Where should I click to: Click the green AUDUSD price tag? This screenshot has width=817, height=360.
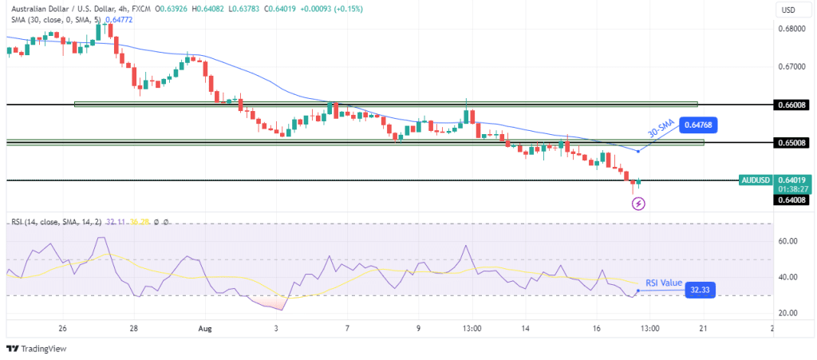756,180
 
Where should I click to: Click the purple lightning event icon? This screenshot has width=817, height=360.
638,204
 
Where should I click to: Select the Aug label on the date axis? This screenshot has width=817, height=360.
204,328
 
